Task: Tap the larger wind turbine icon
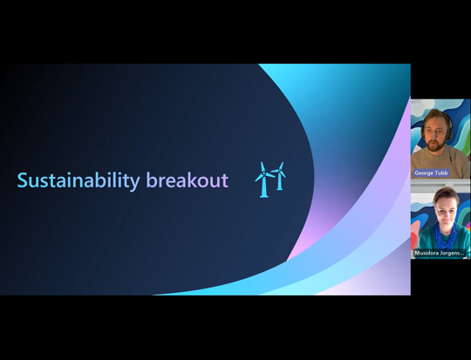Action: [264, 180]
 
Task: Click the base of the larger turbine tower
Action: [264, 195]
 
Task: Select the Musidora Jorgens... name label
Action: [441, 253]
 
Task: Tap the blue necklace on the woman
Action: [445, 234]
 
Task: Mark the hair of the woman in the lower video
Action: [446, 193]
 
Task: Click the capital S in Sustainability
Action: [23, 180]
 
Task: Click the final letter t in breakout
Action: [224, 180]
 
